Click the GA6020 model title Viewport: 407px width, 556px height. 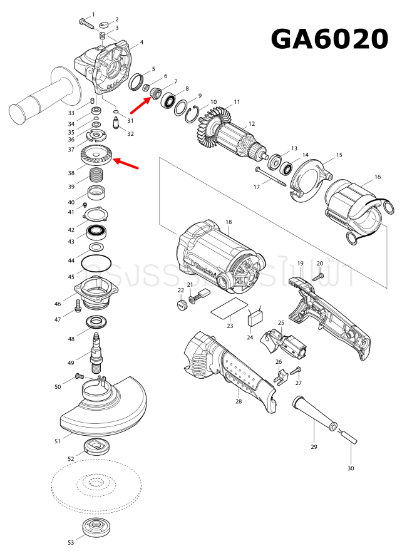coord(329,39)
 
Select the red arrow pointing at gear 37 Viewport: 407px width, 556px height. coord(126,164)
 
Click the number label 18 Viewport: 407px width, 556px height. coord(229,222)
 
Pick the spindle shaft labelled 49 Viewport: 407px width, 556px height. coord(97,351)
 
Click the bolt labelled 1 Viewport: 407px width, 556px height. coord(86,22)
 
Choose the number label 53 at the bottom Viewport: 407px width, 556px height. coord(71,542)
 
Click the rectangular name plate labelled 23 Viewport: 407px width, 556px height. coord(227,309)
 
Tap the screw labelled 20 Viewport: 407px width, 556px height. coord(319,275)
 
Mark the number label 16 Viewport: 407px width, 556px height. coord(378,177)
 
